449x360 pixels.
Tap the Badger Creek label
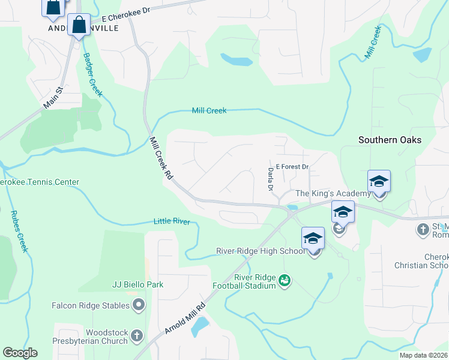tap(93, 75)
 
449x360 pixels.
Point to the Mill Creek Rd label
tap(160, 159)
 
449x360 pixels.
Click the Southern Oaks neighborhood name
tap(390, 140)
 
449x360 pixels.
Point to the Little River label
tap(172, 222)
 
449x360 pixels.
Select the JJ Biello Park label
tap(137, 284)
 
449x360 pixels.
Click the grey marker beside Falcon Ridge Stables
tap(139, 305)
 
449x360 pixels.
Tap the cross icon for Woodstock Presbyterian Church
tap(137, 337)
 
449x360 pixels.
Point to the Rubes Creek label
tap(21, 234)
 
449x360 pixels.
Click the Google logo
tap(20, 353)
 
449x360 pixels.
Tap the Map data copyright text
tap(424, 355)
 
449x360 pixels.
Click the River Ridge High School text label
tap(261, 251)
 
